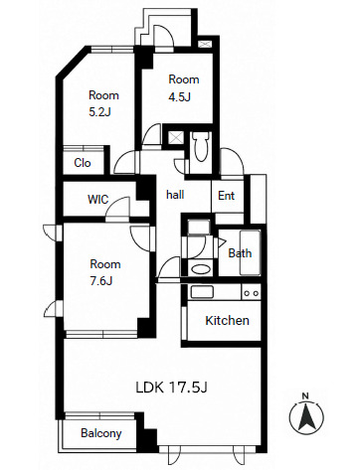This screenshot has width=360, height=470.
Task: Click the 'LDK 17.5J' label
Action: point(172,388)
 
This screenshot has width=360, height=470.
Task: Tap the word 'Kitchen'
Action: point(227,321)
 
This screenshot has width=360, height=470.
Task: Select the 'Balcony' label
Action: point(101,433)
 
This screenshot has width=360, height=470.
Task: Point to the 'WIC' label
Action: point(97,200)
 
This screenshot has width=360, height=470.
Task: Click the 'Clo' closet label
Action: point(83,163)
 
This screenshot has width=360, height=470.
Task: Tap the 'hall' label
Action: point(175,195)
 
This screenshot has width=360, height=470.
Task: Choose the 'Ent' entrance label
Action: point(226,196)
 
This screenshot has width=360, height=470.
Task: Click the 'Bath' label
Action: point(240,253)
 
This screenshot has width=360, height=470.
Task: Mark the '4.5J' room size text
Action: point(179,97)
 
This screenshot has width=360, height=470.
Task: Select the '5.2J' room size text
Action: point(99,112)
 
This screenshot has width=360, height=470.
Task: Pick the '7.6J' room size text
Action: point(101,281)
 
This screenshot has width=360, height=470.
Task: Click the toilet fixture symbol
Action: point(201,146)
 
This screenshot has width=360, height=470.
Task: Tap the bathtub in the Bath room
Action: point(250,252)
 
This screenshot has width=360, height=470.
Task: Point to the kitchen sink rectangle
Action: point(202,292)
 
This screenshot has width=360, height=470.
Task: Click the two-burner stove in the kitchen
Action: point(251,293)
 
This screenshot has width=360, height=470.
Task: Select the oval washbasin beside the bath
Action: point(201,269)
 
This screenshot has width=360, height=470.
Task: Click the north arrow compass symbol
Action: point(306,416)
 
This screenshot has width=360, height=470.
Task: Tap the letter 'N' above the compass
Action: point(305,395)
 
